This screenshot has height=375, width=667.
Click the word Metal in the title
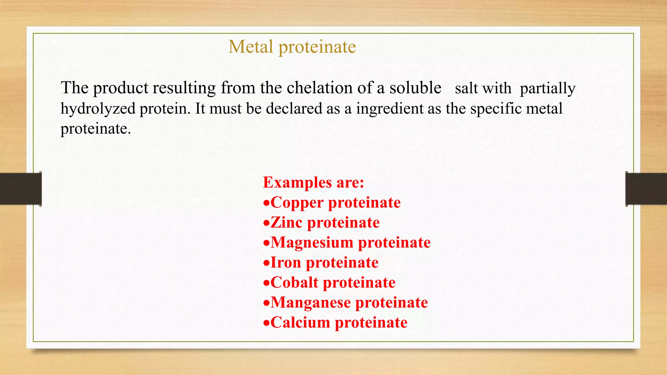[x=250, y=47]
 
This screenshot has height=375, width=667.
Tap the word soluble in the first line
[x=415, y=88]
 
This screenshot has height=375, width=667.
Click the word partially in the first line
[x=547, y=89]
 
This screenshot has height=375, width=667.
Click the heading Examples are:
[x=313, y=182]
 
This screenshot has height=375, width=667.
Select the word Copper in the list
[x=297, y=203]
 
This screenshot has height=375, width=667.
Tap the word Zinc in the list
[x=287, y=223]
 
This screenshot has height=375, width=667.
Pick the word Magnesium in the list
[x=312, y=243]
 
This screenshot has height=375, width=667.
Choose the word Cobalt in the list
[x=294, y=283]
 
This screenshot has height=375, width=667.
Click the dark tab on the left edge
[x=21, y=189]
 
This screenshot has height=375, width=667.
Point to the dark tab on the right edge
[x=646, y=189]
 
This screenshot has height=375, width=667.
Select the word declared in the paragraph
[x=294, y=109]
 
